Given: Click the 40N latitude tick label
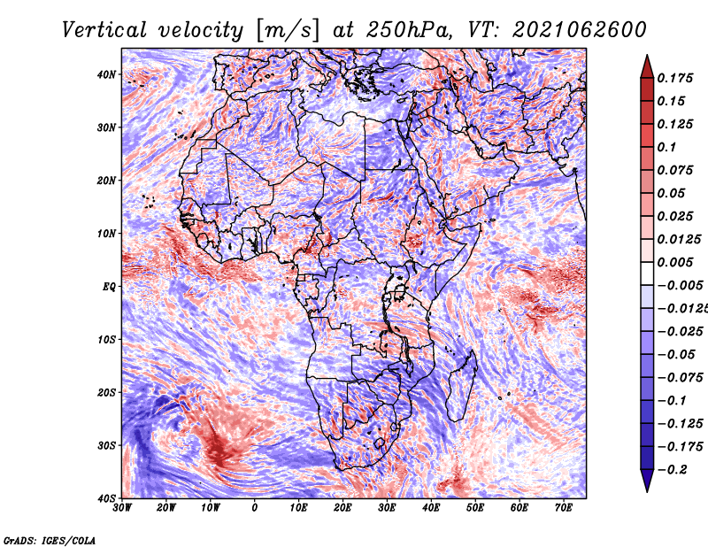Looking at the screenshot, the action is point(106,74).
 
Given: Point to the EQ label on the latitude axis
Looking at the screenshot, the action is point(109,287).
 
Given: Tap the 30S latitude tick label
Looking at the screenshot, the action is point(106,445).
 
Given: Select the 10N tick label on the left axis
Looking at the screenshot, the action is point(106,234).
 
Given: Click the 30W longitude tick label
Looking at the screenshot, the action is point(122,508).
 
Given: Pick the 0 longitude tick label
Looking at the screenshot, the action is point(255,508).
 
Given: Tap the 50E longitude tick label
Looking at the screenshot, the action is point(475,508).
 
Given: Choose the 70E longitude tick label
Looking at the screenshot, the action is point(563,508).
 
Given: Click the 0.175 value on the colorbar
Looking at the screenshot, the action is point(674,78).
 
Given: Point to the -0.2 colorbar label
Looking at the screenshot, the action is point(673,469).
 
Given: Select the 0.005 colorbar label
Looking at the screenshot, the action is point(674,262).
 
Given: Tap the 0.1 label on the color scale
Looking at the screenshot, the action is point(666,147).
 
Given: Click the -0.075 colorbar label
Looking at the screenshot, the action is point(680,377).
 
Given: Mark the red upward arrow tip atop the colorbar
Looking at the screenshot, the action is point(647,56).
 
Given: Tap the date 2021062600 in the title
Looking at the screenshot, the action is point(580,30).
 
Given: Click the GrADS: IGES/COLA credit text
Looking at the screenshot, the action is point(50,540).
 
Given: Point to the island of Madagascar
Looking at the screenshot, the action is point(462,385).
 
